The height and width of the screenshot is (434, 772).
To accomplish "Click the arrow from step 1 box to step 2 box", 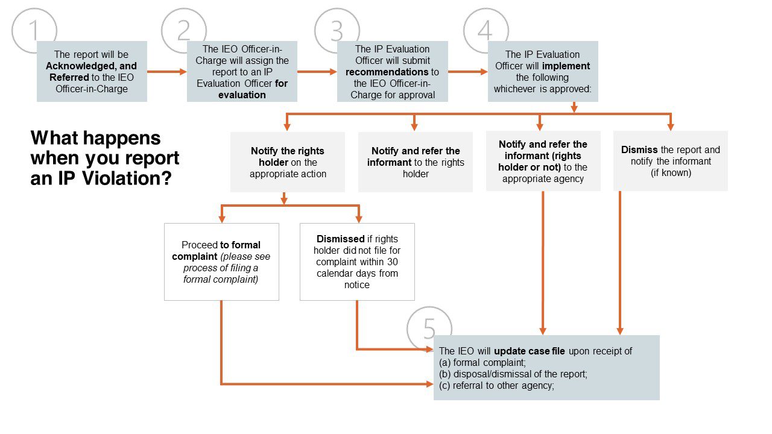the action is click(x=167, y=72).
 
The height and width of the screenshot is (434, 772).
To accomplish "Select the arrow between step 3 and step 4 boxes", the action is click(x=467, y=72).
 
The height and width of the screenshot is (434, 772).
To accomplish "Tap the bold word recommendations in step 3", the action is click(x=387, y=72).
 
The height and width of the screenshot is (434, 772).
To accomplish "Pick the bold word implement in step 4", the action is click(x=571, y=66).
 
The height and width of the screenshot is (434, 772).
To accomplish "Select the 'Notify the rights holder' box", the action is click(x=288, y=162).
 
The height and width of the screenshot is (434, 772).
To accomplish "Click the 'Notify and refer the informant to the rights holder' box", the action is click(x=416, y=162).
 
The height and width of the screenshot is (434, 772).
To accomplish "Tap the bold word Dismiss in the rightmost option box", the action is click(x=639, y=150).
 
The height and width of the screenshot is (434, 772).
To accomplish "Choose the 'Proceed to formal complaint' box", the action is click(x=221, y=262).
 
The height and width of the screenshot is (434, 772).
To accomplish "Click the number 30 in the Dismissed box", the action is click(x=392, y=262).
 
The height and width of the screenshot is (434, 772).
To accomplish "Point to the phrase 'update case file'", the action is click(x=530, y=351).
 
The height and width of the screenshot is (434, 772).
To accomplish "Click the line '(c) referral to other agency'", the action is click(x=496, y=385).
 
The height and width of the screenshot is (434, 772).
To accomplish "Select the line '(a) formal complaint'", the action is click(x=482, y=363).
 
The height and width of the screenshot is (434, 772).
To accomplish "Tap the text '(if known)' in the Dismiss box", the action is click(x=671, y=173).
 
